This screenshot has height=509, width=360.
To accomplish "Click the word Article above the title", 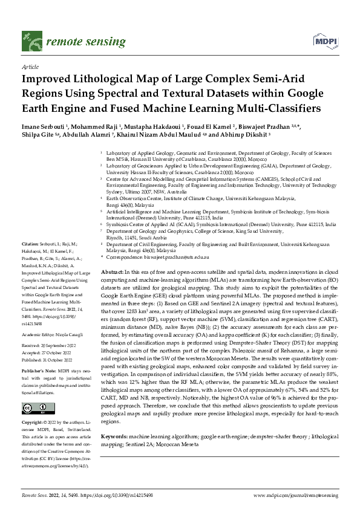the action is coord(30,68).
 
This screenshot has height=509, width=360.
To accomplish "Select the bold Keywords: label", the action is coord(115,436).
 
